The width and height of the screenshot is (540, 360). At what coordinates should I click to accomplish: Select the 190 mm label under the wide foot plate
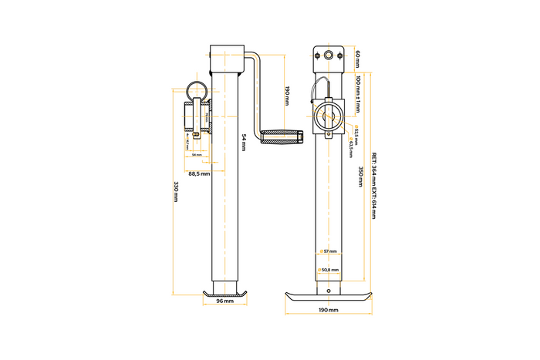(327, 310)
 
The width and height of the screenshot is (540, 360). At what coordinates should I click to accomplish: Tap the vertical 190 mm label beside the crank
(287, 96)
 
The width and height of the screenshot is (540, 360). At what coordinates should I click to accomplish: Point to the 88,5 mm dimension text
(198, 173)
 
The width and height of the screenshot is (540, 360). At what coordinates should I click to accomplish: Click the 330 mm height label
(176, 191)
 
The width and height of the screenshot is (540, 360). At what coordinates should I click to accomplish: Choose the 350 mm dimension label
(361, 177)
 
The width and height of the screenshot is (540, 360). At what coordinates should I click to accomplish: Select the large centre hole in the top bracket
(329, 56)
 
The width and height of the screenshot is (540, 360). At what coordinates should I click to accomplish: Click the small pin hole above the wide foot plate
(329, 291)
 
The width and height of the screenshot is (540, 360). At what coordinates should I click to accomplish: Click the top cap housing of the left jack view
(226, 54)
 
